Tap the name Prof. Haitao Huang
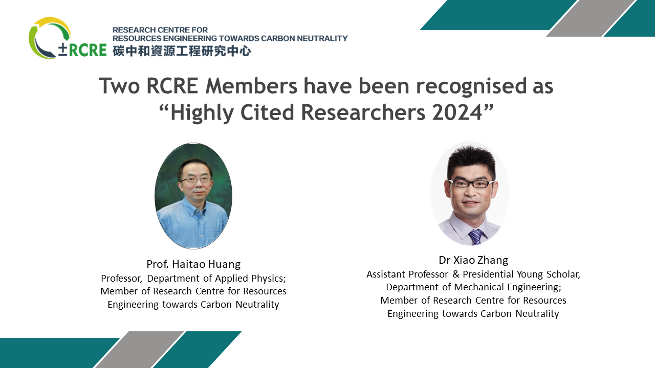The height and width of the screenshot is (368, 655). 193,264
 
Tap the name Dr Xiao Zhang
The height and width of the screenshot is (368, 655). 473,260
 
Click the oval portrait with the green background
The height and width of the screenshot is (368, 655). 193,196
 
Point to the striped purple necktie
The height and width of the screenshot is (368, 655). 476,237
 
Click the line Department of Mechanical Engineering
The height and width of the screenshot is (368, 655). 473,287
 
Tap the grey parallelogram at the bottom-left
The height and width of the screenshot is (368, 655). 139,350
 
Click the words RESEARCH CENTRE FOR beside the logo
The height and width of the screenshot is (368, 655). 160,30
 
